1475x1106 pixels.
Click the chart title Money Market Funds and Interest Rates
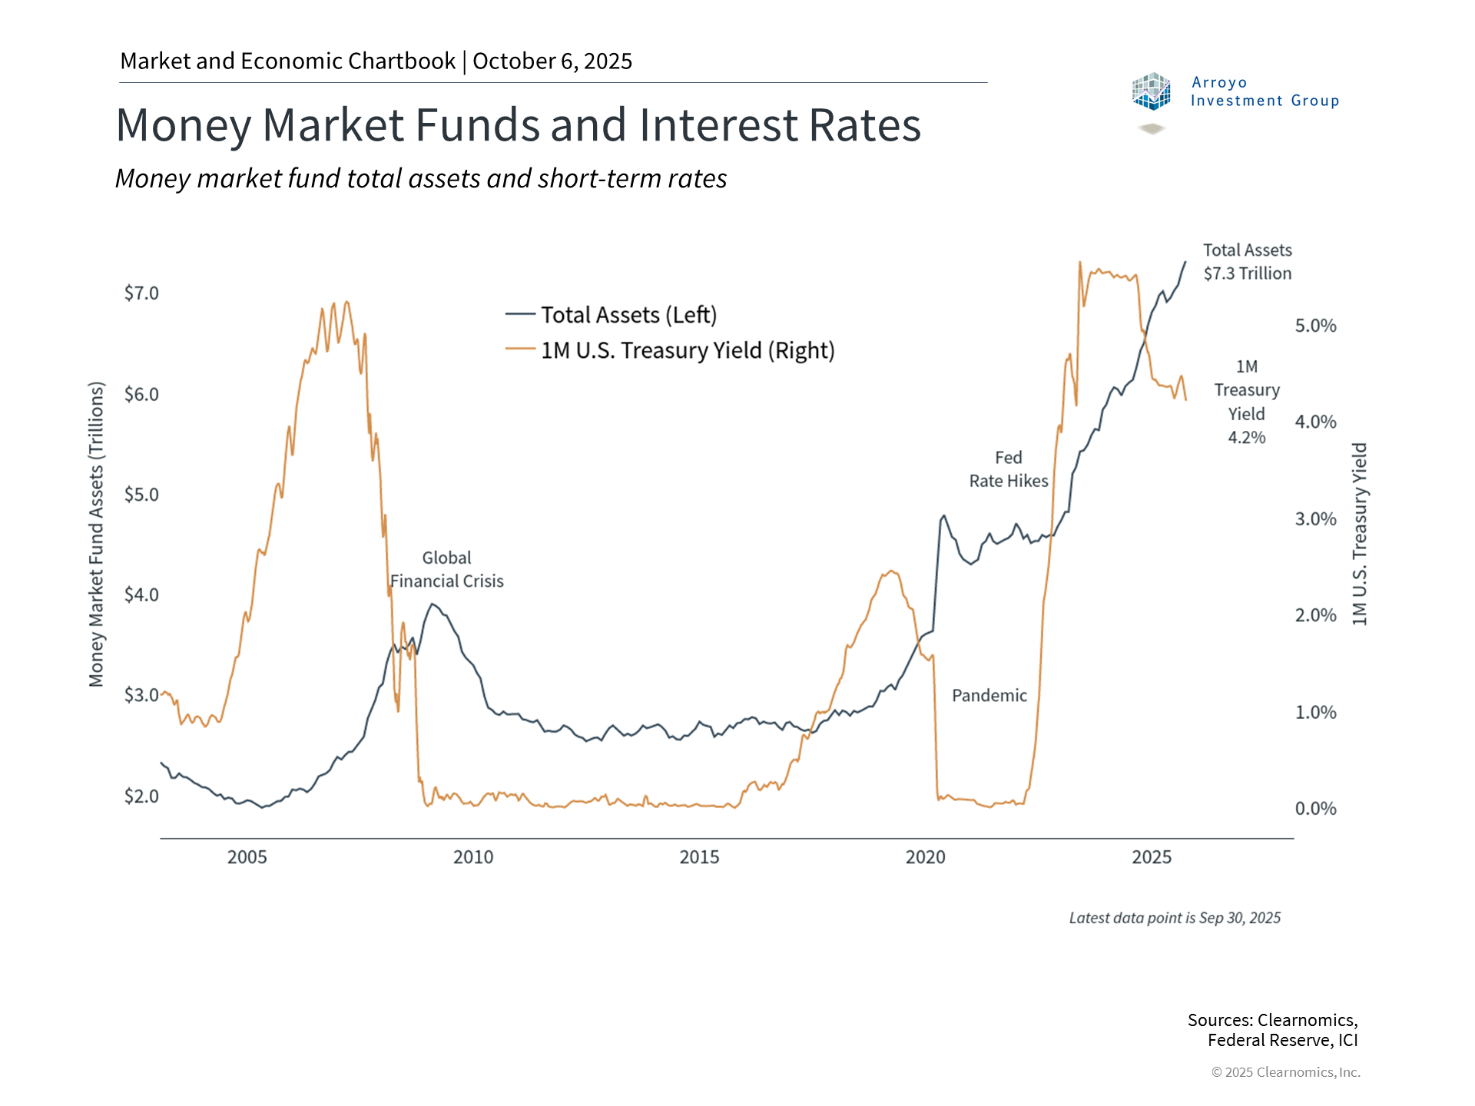coord(518,125)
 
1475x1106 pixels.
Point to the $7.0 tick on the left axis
coord(141,293)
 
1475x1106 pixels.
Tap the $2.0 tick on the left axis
coord(141,796)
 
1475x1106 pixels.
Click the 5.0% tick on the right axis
coord(1315,326)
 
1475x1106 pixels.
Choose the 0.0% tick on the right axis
coord(1315,809)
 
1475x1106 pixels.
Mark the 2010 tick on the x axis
coord(473,857)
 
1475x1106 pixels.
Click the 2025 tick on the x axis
coord(1151,857)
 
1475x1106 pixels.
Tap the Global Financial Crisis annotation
coord(446,570)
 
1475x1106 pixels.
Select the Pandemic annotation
coord(989,696)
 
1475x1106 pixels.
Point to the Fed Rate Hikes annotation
coord(1008,469)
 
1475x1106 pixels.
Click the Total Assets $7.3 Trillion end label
coord(1247,262)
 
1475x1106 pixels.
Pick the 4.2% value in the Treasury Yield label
coord(1246,438)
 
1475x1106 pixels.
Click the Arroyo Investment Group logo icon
coord(1151,91)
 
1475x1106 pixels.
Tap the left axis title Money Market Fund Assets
coord(96,534)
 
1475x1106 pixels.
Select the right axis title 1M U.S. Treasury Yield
coord(1360,534)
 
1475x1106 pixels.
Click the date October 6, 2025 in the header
coord(552,61)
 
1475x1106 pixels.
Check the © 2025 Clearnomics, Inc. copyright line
coord(1285,1072)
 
